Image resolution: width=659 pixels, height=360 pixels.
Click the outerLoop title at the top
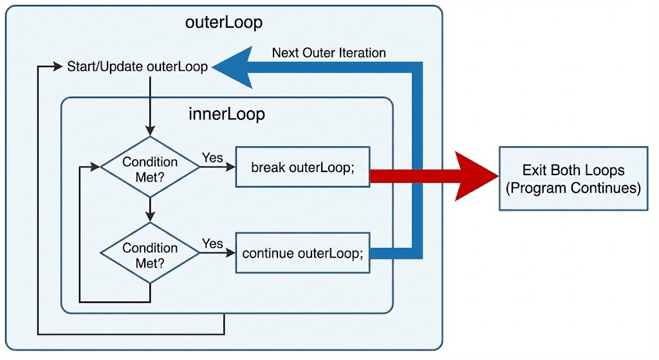tap(223, 23)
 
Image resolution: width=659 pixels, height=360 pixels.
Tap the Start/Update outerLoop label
tap(138, 67)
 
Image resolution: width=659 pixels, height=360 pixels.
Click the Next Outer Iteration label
tap(329, 53)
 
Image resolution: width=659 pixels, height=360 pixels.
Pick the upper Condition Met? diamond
tap(150, 167)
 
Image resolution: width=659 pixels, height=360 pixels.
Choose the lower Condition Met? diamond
tap(150, 254)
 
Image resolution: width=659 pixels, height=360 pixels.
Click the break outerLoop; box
tap(302, 168)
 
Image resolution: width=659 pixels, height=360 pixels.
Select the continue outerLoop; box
tap(302, 253)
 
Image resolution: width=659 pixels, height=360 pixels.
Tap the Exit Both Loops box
tap(573, 178)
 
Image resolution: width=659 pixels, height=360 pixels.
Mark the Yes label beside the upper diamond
tap(212, 158)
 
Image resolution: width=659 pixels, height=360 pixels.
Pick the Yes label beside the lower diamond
tap(212, 243)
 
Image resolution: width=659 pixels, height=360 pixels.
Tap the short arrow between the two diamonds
tap(150, 209)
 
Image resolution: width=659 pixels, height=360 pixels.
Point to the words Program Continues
tap(573, 188)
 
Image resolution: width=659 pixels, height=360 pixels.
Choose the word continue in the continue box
tap(268, 253)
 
